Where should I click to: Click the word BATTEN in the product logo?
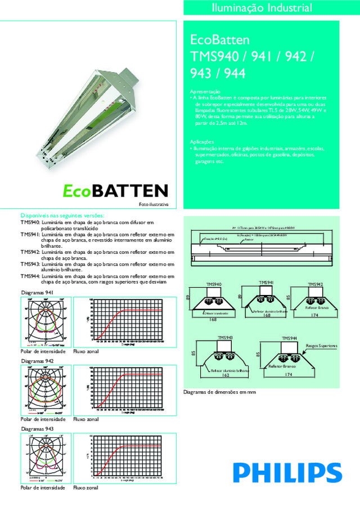click(129, 191)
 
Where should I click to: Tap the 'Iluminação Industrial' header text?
click(269, 8)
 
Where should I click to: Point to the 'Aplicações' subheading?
click(202, 142)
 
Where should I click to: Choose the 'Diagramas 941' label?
click(37, 293)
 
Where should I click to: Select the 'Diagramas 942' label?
click(37, 360)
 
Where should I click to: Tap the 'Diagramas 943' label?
click(37, 429)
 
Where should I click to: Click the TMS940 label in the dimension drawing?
click(214, 284)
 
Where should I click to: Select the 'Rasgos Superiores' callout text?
click(322, 345)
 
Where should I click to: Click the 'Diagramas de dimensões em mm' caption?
click(220, 392)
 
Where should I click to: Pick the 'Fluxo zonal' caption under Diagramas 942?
click(86, 419)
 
